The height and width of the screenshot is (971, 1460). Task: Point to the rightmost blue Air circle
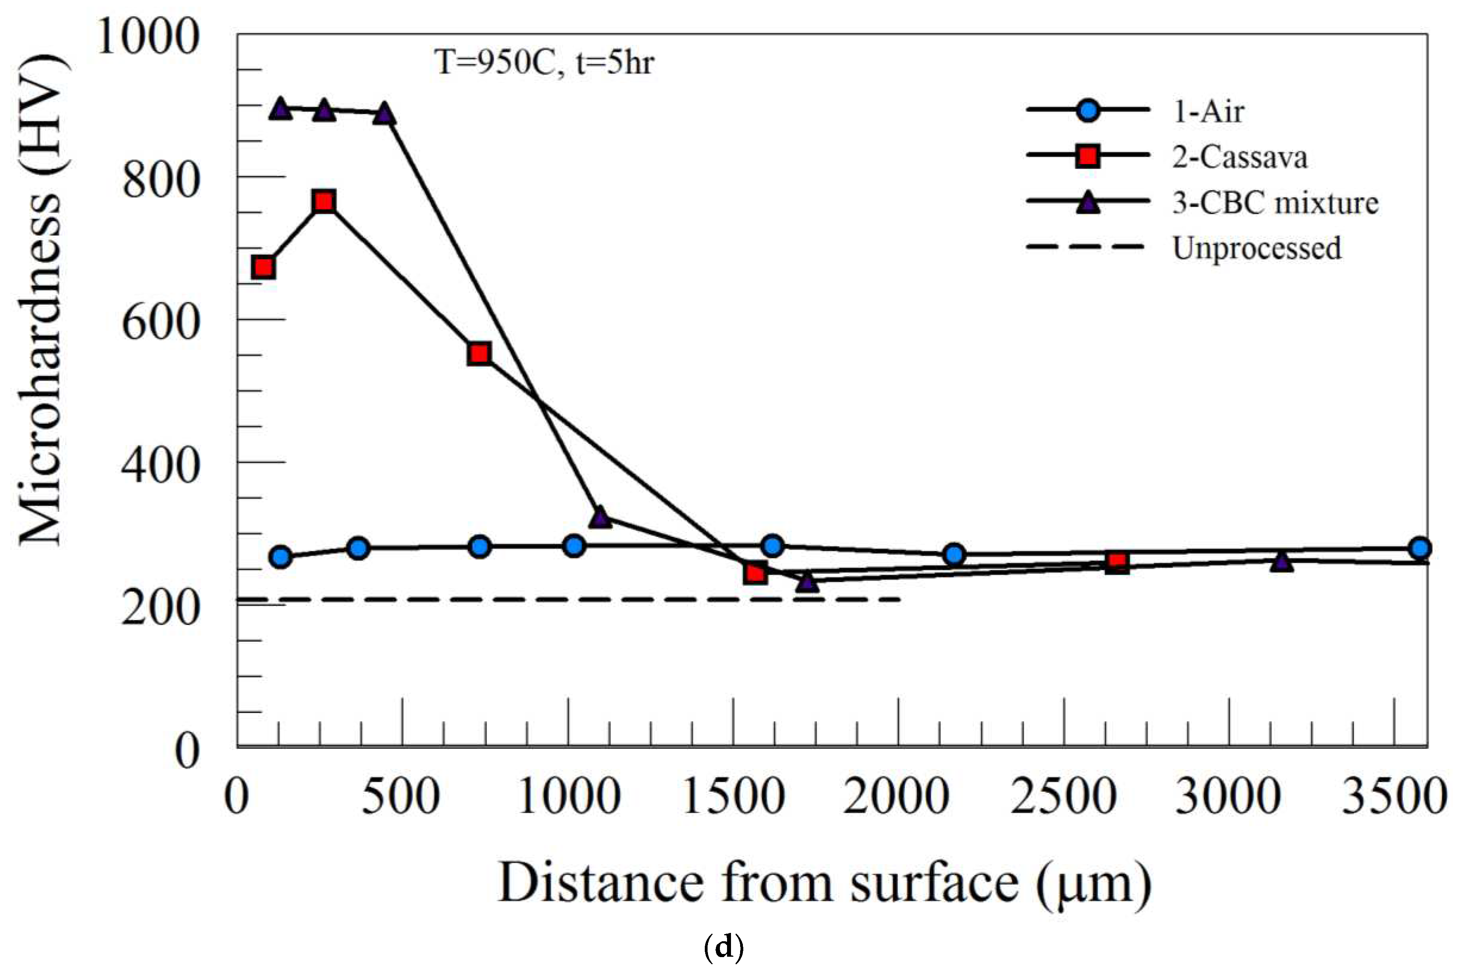coord(1420,548)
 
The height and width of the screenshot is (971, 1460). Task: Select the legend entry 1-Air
coord(1207,112)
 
